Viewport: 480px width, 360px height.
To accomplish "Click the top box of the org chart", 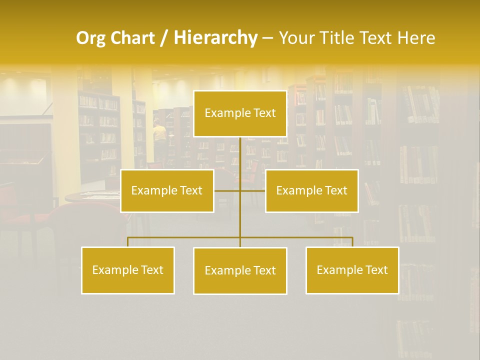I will pyautogui.click(x=240, y=113).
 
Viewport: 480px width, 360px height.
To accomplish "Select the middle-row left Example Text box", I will pyautogui.click(x=167, y=190).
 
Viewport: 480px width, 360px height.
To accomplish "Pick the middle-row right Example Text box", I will pyautogui.click(x=311, y=190).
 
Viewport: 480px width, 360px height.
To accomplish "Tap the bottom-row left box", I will pyautogui.click(x=127, y=270).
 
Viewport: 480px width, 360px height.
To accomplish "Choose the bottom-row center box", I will pyautogui.click(x=240, y=270).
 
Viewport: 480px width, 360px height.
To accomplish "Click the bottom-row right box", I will pyautogui.click(x=352, y=270).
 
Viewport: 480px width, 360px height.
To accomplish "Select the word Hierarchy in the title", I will pyautogui.click(x=215, y=38).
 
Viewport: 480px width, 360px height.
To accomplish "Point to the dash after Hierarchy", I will pyautogui.click(x=267, y=38).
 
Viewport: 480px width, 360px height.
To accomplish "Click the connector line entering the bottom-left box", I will pyautogui.click(x=128, y=242).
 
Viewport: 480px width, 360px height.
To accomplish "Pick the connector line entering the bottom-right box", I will pyautogui.click(x=352, y=242).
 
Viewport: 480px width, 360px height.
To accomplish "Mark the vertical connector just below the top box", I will pyautogui.click(x=240, y=150).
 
